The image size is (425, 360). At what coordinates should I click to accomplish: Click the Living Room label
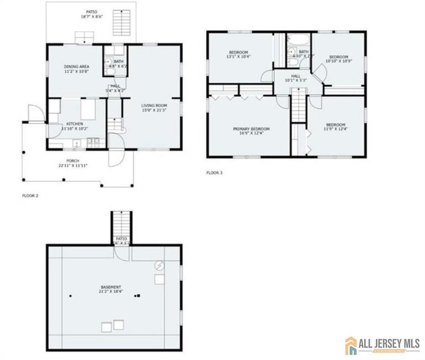coord(154,108)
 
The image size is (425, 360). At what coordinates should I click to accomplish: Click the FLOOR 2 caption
coord(30,195)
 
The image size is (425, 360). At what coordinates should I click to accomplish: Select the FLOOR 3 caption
coord(214,173)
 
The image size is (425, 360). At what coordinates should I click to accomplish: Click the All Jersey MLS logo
coord(381,345)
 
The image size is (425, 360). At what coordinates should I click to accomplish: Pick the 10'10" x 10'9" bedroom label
coord(339,59)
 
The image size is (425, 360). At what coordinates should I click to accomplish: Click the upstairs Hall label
coord(296,78)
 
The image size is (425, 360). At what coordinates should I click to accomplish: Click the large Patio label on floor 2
coord(91,14)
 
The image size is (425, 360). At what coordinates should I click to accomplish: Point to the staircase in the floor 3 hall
coord(298,105)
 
